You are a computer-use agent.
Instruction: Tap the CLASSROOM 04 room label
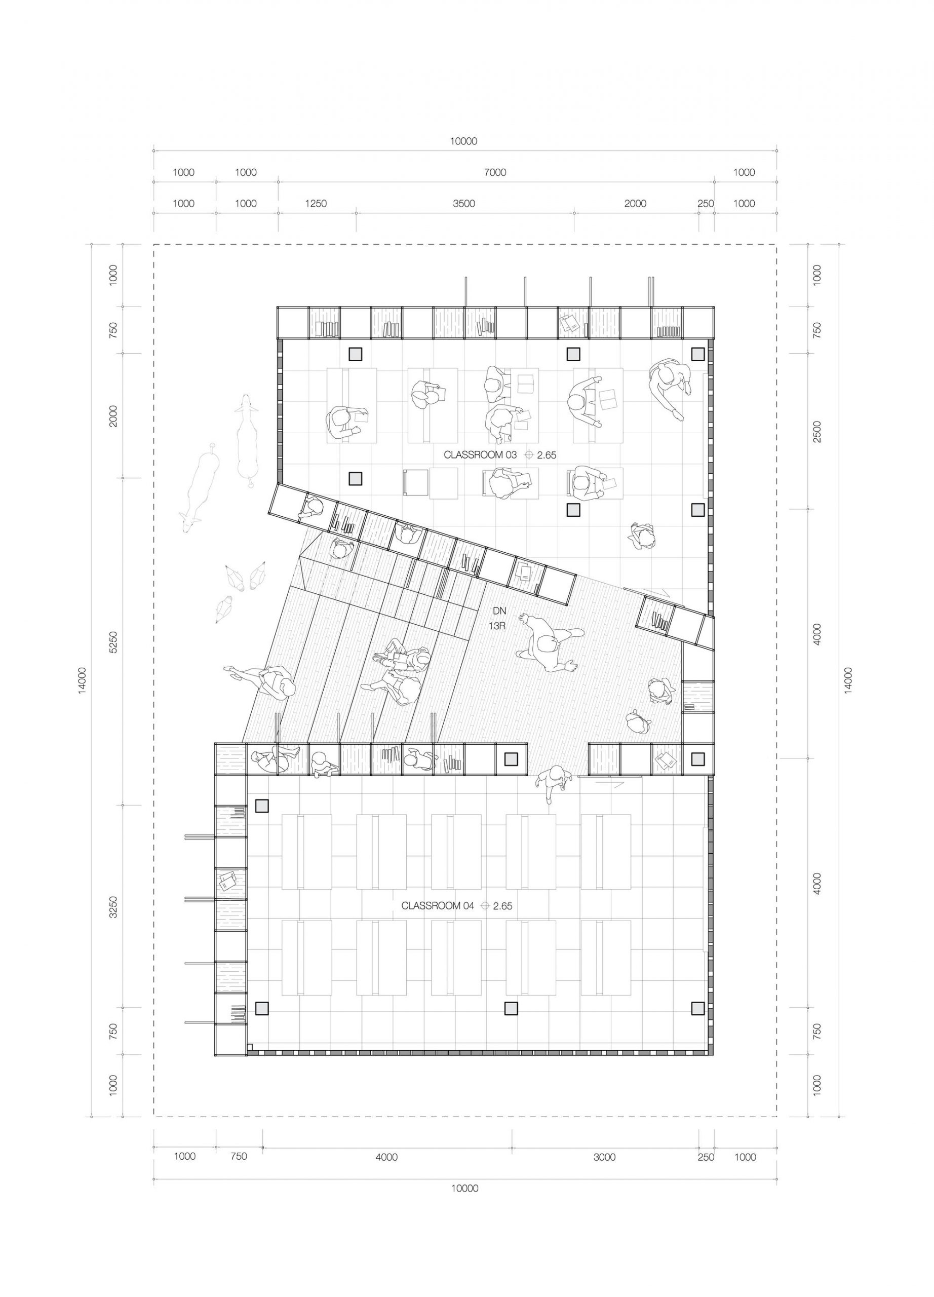point(438,905)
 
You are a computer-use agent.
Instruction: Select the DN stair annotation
point(499,611)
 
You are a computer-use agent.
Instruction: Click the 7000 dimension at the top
point(495,172)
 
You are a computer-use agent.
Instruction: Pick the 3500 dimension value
point(463,203)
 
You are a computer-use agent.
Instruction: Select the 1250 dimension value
point(316,203)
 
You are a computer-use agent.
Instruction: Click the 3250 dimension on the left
point(113,906)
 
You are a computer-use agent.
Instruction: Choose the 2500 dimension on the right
point(817,431)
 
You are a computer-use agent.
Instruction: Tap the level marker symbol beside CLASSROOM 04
point(486,905)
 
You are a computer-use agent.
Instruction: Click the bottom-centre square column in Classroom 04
point(511,1008)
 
